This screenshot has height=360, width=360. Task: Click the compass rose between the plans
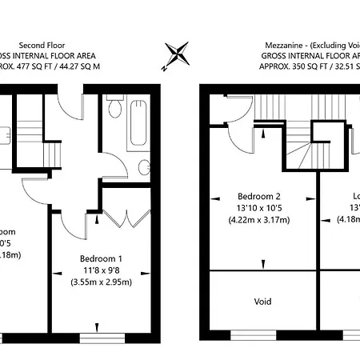178,54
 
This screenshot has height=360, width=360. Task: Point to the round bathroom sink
143,168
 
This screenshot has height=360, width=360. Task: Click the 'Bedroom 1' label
101,258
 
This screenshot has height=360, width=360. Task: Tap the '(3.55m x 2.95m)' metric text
101,282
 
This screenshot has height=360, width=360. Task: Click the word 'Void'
262,302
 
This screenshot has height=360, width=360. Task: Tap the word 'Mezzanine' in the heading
286,46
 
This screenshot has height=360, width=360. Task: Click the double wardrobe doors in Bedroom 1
127,214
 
